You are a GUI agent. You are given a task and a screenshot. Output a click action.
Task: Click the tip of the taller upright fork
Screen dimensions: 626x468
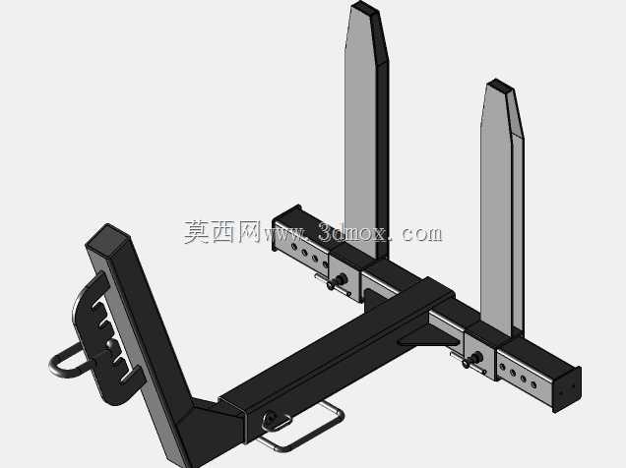pos(364,7)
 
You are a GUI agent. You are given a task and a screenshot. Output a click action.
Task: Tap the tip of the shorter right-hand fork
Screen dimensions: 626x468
pos(499,86)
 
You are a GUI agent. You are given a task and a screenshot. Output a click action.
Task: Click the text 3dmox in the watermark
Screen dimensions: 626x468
pos(352,232)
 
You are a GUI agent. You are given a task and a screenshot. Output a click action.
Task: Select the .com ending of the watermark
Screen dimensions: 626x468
pos(418,233)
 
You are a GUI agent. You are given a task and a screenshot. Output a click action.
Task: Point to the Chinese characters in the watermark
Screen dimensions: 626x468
pos(222,232)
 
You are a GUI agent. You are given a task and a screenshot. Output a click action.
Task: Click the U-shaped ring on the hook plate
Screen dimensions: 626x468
pos(68,361)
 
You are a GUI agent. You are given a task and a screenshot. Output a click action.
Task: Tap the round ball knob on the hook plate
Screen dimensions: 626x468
pos(112,345)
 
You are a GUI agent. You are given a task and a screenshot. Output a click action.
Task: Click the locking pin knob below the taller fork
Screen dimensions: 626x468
pos(338,281)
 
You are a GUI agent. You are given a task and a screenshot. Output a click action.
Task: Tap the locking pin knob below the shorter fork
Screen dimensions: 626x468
pos(472,359)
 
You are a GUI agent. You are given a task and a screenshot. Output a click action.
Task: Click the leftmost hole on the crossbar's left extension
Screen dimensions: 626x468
pos(295,248)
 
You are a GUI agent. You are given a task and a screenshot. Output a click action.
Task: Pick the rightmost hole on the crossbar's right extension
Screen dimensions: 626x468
pos(533,384)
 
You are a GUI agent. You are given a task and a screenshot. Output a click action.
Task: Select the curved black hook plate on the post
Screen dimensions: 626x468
pos(99,339)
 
